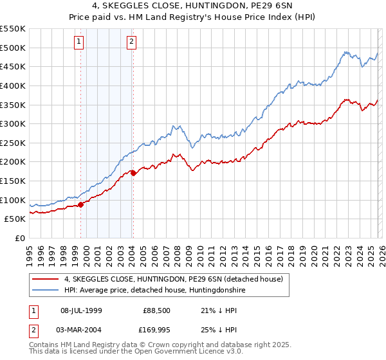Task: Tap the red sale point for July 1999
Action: click(x=80, y=204)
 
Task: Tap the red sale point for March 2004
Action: click(x=133, y=173)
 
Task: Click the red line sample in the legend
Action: click(x=46, y=279)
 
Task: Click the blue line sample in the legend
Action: click(x=46, y=291)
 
